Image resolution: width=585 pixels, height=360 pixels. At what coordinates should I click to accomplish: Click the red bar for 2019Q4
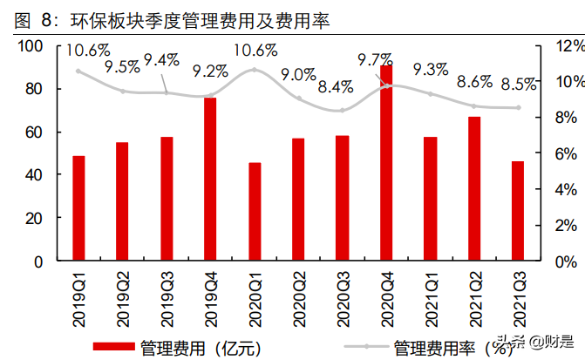[210, 179]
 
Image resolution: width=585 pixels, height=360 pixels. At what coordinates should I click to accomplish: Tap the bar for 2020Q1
[255, 212]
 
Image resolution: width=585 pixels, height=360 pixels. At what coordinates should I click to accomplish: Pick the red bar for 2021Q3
[518, 211]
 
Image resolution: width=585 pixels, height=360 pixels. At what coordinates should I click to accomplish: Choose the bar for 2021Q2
[474, 188]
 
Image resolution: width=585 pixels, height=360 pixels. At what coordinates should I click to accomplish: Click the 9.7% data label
[376, 60]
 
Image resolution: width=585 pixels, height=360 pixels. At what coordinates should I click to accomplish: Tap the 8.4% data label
[336, 86]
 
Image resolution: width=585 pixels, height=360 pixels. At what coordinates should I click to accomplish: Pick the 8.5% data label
[520, 85]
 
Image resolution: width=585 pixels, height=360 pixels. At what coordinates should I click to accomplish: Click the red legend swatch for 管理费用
[112, 348]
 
